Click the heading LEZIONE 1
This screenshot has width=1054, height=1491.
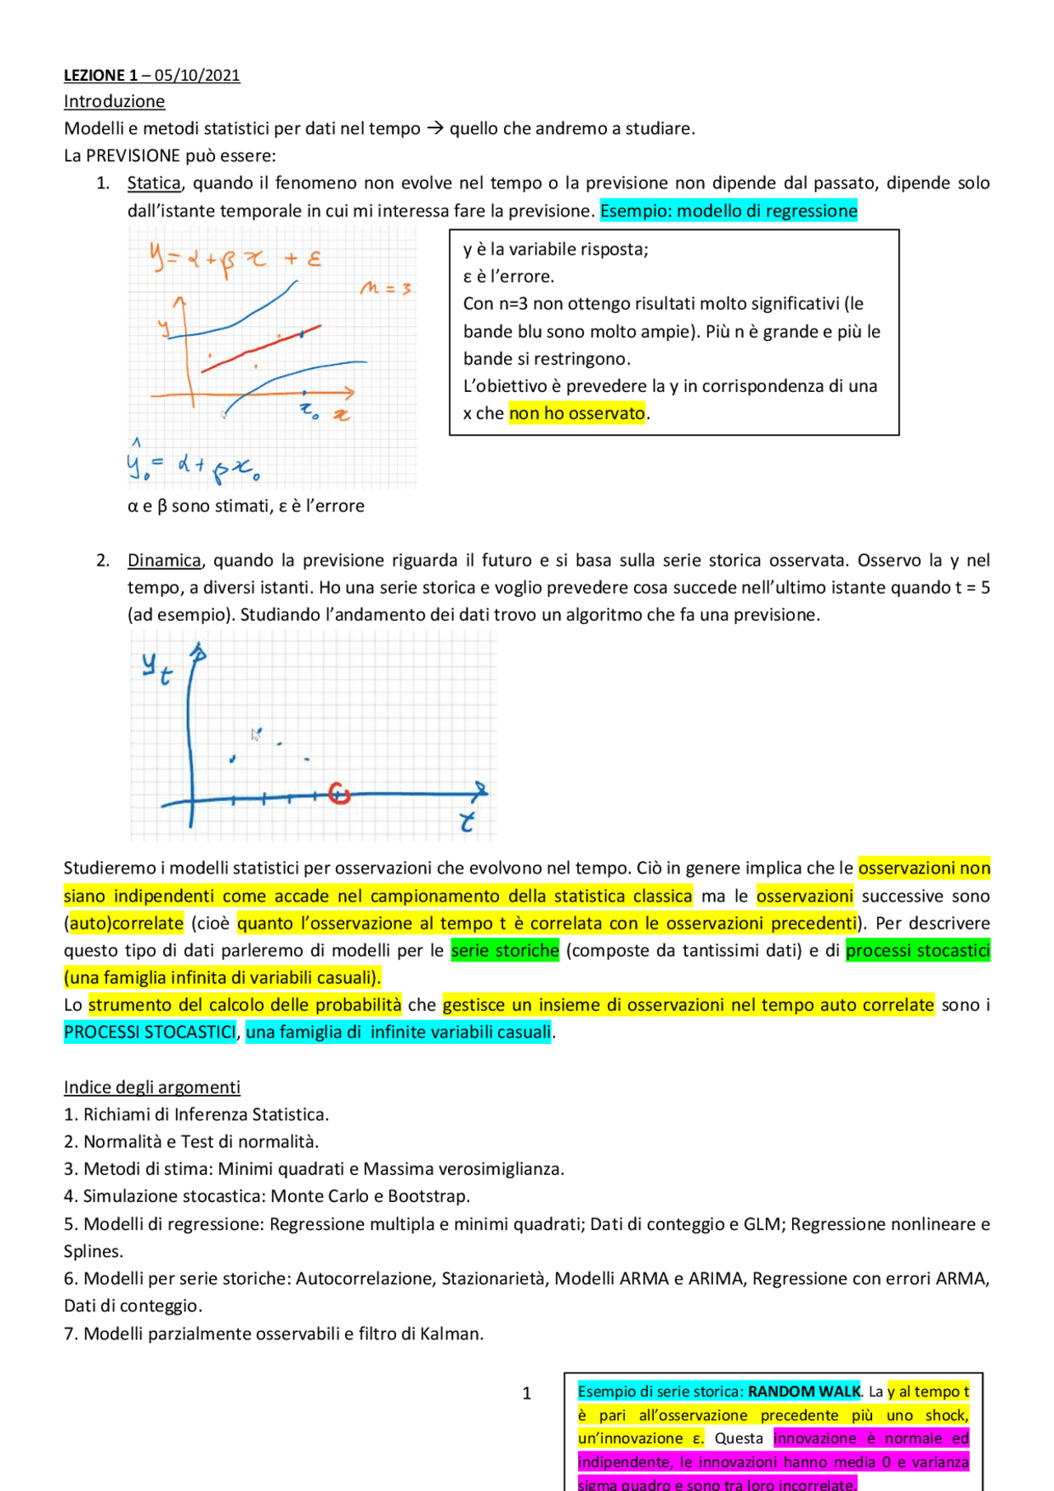tap(100, 76)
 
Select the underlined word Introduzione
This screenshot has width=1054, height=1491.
tap(114, 101)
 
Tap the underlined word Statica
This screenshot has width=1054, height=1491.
tap(154, 183)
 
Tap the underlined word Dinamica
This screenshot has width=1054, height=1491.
tap(164, 561)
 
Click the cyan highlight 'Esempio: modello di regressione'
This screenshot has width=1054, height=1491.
tap(729, 211)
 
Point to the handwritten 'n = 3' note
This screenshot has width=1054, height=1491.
tap(385, 288)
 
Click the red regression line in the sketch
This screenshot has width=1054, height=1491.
tap(260, 349)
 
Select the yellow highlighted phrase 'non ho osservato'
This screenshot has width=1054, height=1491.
tap(576, 413)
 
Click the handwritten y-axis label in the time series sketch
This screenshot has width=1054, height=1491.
tap(156, 668)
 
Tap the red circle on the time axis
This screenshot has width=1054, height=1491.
tap(339, 794)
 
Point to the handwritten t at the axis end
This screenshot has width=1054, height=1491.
tap(467, 822)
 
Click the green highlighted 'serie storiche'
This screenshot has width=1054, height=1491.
tap(505, 951)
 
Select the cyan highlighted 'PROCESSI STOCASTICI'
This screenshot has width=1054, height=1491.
tap(150, 1032)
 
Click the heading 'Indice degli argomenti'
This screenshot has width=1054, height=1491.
tap(152, 1088)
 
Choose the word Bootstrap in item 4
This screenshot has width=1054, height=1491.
tap(429, 1196)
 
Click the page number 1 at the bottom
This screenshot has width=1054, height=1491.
tap(527, 1393)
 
